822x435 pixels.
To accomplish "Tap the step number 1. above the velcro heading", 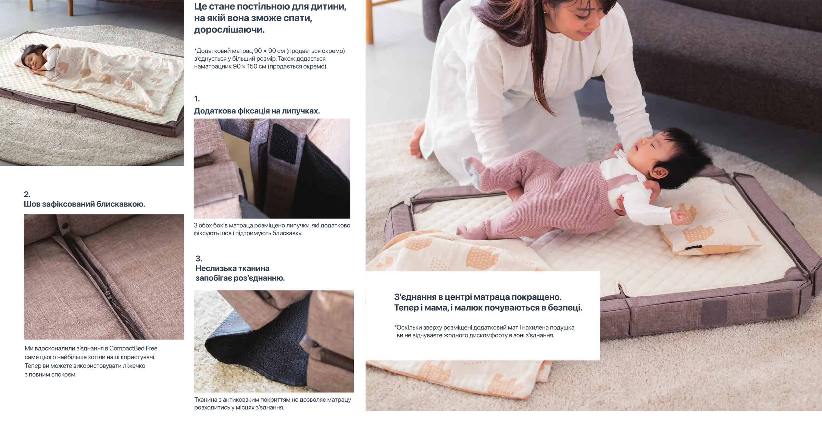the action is (197, 99).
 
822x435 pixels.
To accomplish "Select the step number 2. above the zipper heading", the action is (27, 194).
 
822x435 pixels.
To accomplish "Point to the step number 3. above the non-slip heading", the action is (199, 259).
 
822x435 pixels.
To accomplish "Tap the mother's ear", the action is (545, 11).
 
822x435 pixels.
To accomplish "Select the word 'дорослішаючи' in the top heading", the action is (229, 30).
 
